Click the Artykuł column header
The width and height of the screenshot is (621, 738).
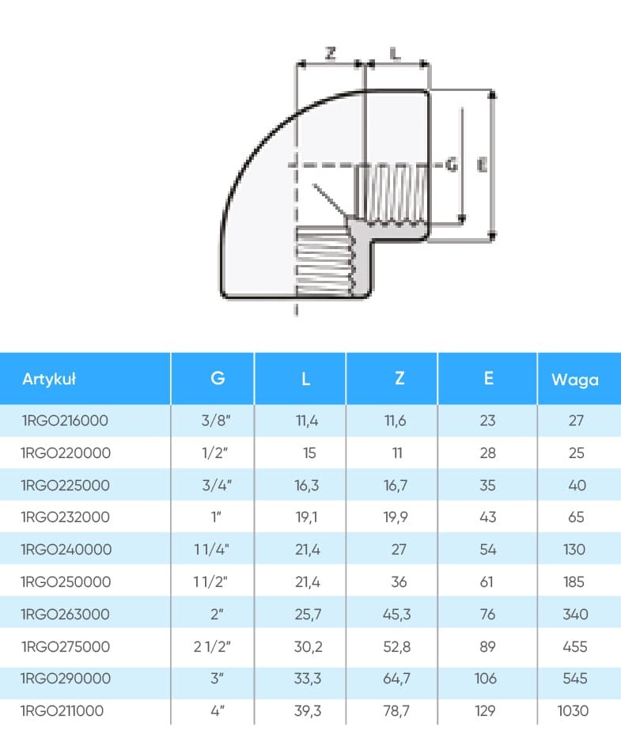coord(49,379)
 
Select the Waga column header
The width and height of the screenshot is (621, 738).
coord(575,380)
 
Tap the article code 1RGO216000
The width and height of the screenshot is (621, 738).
coord(65,420)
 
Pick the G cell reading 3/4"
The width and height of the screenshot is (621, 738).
coord(217,485)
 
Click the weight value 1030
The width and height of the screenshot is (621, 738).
coord(573,710)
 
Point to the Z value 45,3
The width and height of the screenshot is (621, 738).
coord(397,614)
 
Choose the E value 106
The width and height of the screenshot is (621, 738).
coord(486,678)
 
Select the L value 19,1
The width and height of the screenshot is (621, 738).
coord(306,517)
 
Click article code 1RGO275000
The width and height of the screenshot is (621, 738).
coord(66,646)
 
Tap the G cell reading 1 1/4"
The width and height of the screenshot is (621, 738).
coord(212,549)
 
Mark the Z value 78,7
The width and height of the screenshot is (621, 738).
coord(396,710)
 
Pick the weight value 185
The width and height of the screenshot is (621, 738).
coord(574,581)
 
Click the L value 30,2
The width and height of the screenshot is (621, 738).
coord(309,646)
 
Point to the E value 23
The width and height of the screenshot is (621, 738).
coord(488,420)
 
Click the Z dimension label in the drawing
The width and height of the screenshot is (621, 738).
coord(331,53)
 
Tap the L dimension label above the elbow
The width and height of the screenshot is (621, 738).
coord(396,53)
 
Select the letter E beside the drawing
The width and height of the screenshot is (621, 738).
coord(482,165)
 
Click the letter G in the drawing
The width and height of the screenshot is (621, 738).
coord(452,165)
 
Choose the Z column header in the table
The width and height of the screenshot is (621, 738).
coord(399,378)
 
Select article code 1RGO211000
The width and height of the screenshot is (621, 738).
coord(62,710)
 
